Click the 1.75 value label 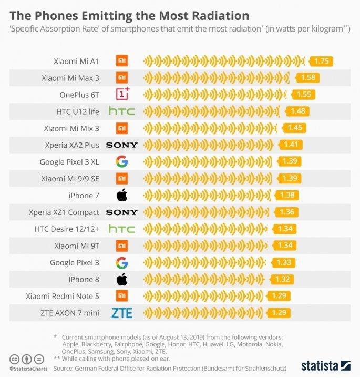(x=322, y=61)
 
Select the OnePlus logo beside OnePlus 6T (x=122, y=95)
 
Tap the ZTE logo (x=122, y=313)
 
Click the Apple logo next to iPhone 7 (x=122, y=196)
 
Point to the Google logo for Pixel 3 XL (x=122, y=162)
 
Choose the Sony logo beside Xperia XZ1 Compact (x=122, y=212)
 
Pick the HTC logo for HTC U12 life (x=122, y=111)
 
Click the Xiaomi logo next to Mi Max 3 (x=122, y=78)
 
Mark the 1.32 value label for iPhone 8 (x=281, y=280)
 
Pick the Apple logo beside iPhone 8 (x=122, y=279)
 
